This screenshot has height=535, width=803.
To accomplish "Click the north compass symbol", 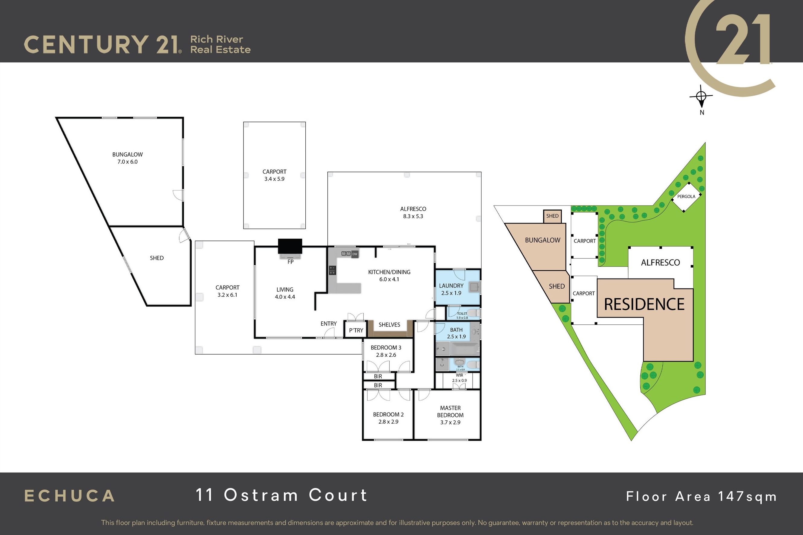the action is (x=701, y=97).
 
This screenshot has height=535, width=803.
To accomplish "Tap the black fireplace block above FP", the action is (x=290, y=246).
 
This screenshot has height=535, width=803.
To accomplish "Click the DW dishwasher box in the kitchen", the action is (x=355, y=254).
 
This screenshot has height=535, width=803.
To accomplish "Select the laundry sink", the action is (x=474, y=287).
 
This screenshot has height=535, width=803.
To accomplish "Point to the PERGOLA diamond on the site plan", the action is (x=686, y=196).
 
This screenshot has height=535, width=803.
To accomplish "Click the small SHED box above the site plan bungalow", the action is (x=552, y=216).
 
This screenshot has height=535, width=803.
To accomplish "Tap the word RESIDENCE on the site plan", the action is (x=644, y=304).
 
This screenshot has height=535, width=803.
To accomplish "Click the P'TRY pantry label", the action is (x=356, y=330).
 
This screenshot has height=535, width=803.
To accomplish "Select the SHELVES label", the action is (x=389, y=325).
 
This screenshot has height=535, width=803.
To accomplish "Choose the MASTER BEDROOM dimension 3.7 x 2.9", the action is (x=450, y=422).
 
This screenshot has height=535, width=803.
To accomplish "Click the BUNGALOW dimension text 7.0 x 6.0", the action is (x=128, y=162).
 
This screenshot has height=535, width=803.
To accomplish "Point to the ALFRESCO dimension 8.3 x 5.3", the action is (x=413, y=216).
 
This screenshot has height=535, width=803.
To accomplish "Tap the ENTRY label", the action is (x=329, y=323).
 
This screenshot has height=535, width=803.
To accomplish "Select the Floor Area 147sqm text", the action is (x=702, y=496).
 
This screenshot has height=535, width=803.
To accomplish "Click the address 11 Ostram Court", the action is (x=282, y=495).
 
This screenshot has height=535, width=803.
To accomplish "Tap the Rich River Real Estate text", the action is (x=220, y=44).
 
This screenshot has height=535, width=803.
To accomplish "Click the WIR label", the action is (x=460, y=375).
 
